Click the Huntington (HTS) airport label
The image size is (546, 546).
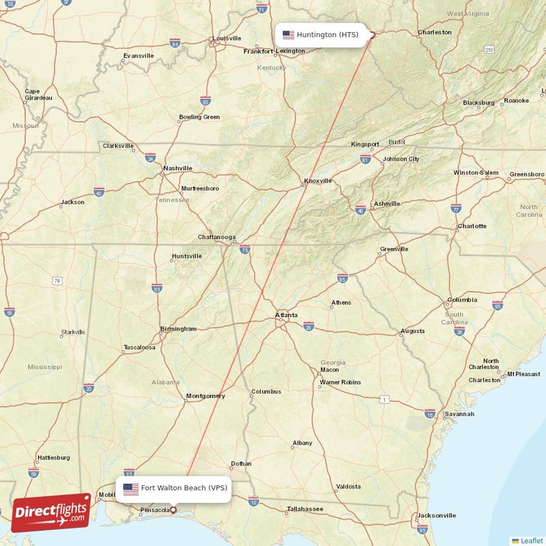pyautogui.click(x=325, y=35)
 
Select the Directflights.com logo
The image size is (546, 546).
pyautogui.click(x=51, y=512)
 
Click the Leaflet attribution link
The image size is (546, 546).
pyautogui.click(x=530, y=540)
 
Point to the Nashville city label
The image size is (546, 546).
pyautogui.click(x=177, y=168)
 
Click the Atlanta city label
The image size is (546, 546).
pyautogui.click(x=286, y=315)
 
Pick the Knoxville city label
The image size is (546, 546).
pyautogui.click(x=317, y=181)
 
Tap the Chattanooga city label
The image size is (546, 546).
pyautogui.click(x=216, y=237)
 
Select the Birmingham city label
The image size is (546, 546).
pyautogui.click(x=177, y=329)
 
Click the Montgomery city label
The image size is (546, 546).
pyautogui.click(x=205, y=396)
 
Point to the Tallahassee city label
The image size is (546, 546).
pyautogui.click(x=304, y=509)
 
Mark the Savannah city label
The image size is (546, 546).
pyautogui.click(x=459, y=414)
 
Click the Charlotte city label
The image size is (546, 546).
pyautogui.click(x=472, y=226)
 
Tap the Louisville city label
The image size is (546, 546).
pyautogui.click(x=227, y=38)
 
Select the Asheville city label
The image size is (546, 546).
pyautogui.click(x=387, y=203)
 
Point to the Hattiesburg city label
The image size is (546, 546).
pyautogui.click(x=53, y=457)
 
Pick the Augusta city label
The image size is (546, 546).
pyautogui.click(x=412, y=331)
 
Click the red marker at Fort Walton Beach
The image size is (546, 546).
pyautogui.click(x=173, y=509)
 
